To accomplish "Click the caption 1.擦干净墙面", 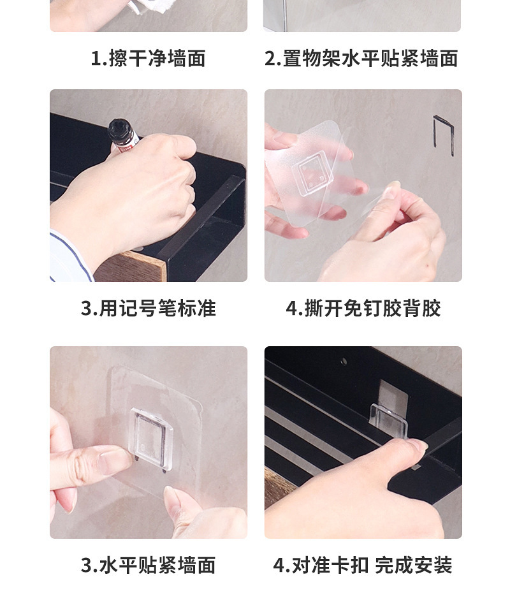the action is click(149, 59).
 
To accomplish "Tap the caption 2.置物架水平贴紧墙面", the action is click(361, 59).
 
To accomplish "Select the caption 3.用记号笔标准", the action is click(149, 308).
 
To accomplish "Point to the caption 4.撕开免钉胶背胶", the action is click(363, 308).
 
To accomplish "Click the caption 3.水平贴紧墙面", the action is click(149, 565).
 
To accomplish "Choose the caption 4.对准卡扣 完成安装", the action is click(363, 565).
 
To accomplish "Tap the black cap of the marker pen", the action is click(119, 131).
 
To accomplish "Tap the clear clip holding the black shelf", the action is click(389, 421).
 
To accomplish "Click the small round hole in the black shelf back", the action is click(344, 361).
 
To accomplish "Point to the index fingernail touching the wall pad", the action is click(113, 455).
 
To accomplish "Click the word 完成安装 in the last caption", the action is click(414, 565).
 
